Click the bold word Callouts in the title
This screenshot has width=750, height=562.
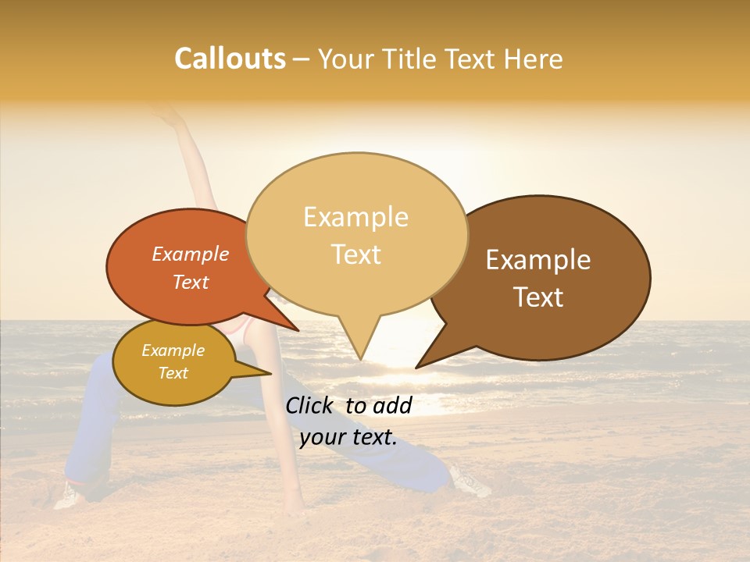[x=230, y=59]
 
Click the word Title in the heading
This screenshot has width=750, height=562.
[x=409, y=59]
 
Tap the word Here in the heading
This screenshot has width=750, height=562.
[x=533, y=59]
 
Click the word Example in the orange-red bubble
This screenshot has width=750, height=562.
[x=190, y=254]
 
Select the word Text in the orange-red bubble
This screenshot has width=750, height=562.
[x=190, y=282]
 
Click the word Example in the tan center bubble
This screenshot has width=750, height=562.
[x=355, y=217]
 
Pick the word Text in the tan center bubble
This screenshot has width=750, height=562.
[x=355, y=254]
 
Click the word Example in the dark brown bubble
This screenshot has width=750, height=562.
[x=538, y=259]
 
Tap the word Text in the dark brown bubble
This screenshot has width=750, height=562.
[x=538, y=297]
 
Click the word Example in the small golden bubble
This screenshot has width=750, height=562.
[x=173, y=350]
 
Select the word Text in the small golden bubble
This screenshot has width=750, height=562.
[x=173, y=373]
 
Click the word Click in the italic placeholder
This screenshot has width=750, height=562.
[x=311, y=405]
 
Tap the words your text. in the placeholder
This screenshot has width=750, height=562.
[x=348, y=437]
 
